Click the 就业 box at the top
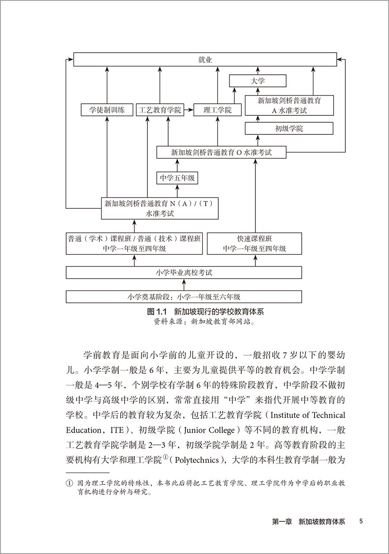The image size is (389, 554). [x=205, y=60]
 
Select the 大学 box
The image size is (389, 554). [x=257, y=81]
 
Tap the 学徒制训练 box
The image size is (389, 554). [x=107, y=110]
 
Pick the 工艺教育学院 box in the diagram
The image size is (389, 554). [x=159, y=110]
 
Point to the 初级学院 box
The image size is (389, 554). [x=289, y=128]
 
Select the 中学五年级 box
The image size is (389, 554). [x=177, y=178]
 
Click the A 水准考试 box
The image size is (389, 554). [x=289, y=105]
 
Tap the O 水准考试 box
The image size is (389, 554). [x=221, y=152]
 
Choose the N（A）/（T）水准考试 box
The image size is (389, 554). [x=160, y=208]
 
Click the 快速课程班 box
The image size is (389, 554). [x=254, y=243]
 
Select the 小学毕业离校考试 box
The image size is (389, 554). [x=184, y=273]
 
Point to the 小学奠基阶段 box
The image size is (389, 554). [x=184, y=297]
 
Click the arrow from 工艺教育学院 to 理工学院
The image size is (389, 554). [x=188, y=110]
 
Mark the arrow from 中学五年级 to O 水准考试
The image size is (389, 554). [x=177, y=165]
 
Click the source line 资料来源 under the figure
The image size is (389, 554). [x=205, y=322]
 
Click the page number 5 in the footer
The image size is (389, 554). [x=361, y=521]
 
